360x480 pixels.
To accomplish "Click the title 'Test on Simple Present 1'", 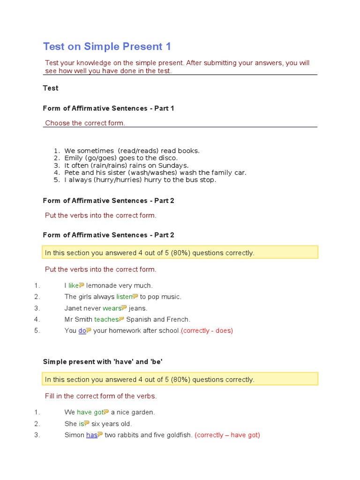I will pyautogui.click(x=107, y=46).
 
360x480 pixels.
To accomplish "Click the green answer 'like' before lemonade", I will pyautogui.click(x=74, y=285).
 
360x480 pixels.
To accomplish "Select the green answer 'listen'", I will pyautogui.click(x=124, y=297).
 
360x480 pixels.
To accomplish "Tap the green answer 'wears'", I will pyautogui.click(x=112, y=308).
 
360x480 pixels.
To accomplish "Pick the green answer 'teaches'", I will pyautogui.click(x=106, y=319).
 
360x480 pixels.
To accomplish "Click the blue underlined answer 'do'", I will pyautogui.click(x=82, y=330).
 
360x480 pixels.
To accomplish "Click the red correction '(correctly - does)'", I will pyautogui.click(x=207, y=330).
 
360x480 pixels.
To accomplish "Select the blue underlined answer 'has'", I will pyautogui.click(x=91, y=435).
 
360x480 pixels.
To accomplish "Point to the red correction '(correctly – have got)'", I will pyautogui.click(x=227, y=435).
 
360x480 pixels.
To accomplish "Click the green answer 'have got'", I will pyautogui.click(x=90, y=412).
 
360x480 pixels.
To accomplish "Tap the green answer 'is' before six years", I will pyautogui.click(x=81, y=424).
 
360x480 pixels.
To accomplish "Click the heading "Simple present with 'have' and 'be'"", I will pyautogui.click(x=103, y=361).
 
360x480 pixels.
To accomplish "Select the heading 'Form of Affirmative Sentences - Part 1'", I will pyautogui.click(x=108, y=108).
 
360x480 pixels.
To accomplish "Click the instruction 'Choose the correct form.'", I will pyautogui.click(x=85, y=123).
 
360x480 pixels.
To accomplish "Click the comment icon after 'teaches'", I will pyautogui.click(x=122, y=319).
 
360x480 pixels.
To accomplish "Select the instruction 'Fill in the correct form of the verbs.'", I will pyautogui.click(x=101, y=396).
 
